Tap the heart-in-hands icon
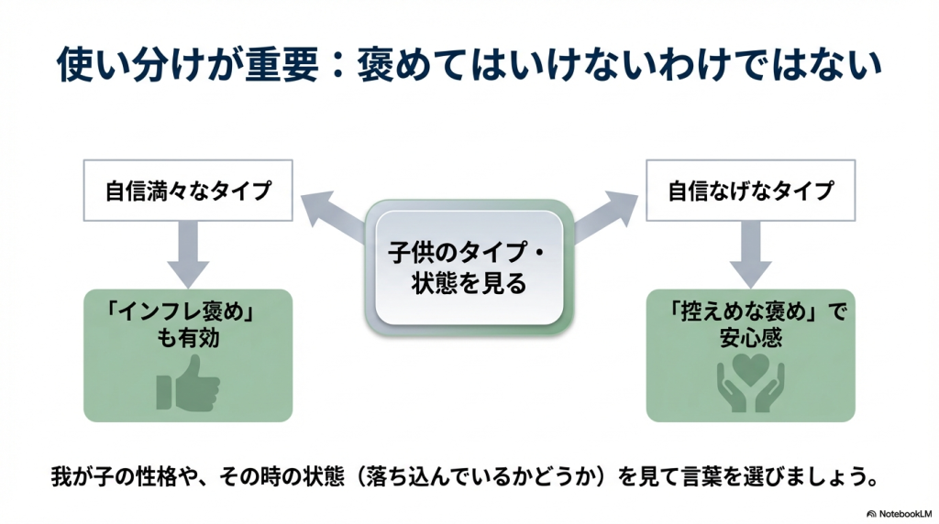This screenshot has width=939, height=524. click(x=750, y=383)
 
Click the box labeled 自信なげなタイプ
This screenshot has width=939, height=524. click(x=750, y=191)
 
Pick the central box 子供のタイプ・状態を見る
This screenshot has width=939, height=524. click(x=469, y=267)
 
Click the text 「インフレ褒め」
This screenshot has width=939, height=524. click(x=188, y=312)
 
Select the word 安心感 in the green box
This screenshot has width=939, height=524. click(x=751, y=338)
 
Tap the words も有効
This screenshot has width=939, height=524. click(x=188, y=338)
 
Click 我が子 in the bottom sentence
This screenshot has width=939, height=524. click(x=79, y=478)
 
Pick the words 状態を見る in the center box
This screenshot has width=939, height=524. click(x=469, y=283)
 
